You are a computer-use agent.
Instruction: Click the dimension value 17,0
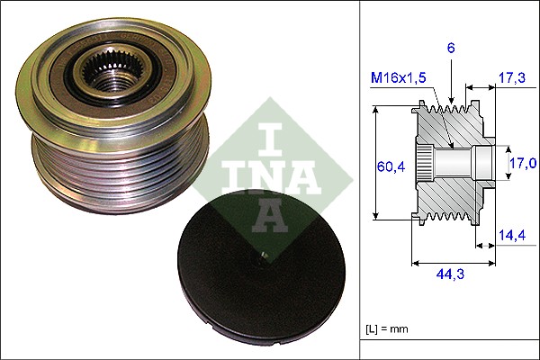point(524,163)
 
